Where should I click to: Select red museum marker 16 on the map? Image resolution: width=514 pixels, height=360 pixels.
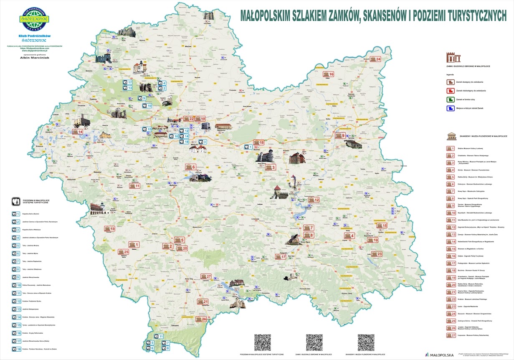(x=329, y=74)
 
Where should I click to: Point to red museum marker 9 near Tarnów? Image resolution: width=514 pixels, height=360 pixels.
(x=340, y=136)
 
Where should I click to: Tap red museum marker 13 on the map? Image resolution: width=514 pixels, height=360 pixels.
(x=110, y=229)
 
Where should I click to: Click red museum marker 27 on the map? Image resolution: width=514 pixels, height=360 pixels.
(x=206, y=276)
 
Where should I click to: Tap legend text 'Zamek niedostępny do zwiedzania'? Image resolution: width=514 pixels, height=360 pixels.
(x=470, y=91)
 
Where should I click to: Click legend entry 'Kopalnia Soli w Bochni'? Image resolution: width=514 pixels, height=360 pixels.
(x=33, y=213)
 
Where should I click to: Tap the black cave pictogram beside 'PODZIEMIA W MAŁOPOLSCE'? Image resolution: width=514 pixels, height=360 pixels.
(x=15, y=201)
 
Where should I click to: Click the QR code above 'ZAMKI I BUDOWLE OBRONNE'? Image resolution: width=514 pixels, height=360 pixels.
(x=314, y=342)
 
